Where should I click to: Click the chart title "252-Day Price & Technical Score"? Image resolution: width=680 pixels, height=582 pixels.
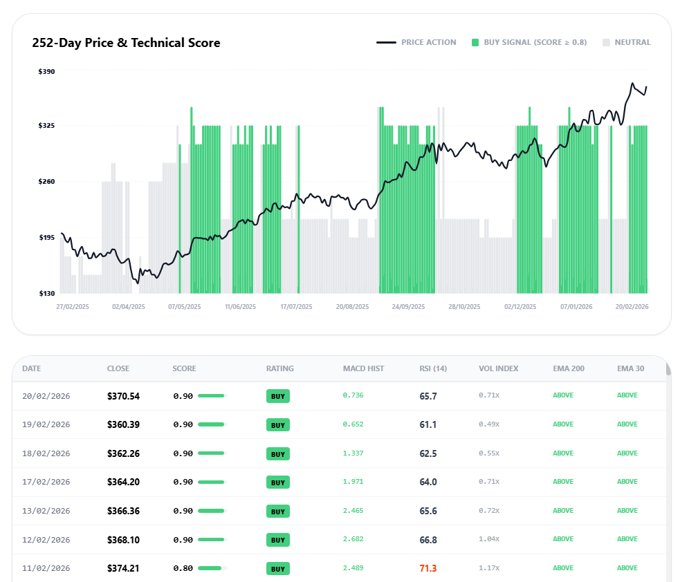click(x=126, y=43)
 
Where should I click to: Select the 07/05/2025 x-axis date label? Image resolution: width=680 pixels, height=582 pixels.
click(x=184, y=306)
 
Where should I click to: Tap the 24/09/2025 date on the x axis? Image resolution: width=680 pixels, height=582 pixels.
click(x=407, y=306)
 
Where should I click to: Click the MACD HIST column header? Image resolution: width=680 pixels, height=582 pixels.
click(x=363, y=368)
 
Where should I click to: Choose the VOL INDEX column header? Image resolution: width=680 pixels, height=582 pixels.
click(x=498, y=368)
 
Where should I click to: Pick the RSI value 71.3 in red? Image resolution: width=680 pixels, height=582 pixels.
click(x=428, y=568)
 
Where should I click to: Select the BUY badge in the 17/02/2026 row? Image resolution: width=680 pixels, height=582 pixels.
click(x=278, y=482)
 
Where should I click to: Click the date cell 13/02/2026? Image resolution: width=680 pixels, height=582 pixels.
click(x=46, y=511)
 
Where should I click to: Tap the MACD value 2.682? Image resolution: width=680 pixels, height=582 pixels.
click(x=353, y=539)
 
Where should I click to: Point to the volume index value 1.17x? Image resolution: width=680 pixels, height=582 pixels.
click(x=488, y=568)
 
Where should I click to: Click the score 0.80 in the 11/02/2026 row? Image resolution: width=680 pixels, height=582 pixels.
click(x=183, y=568)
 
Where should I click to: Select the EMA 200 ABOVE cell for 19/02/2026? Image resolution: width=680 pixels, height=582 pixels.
click(x=563, y=424)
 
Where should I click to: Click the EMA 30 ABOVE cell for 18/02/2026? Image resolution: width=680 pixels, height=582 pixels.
click(x=627, y=453)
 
